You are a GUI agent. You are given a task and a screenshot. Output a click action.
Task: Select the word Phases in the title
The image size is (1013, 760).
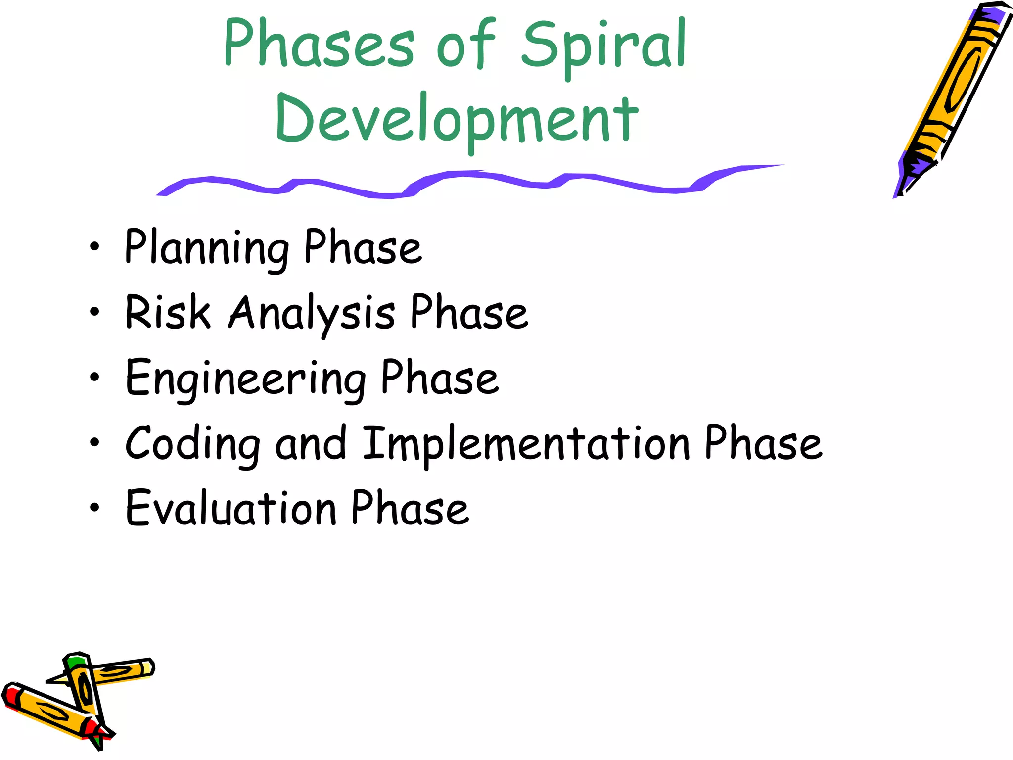[319, 45]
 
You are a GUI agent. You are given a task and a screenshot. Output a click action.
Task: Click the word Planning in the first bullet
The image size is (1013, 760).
[207, 247]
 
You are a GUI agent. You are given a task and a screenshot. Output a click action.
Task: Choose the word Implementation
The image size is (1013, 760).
[526, 444]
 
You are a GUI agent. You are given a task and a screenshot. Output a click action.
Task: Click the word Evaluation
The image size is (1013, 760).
[231, 509]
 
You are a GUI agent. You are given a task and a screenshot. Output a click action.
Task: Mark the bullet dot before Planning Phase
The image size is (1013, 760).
[94, 247]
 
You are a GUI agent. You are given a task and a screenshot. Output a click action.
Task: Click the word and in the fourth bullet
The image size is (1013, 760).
[311, 443]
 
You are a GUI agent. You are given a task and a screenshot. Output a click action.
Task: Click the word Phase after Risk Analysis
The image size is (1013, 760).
[469, 313]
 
